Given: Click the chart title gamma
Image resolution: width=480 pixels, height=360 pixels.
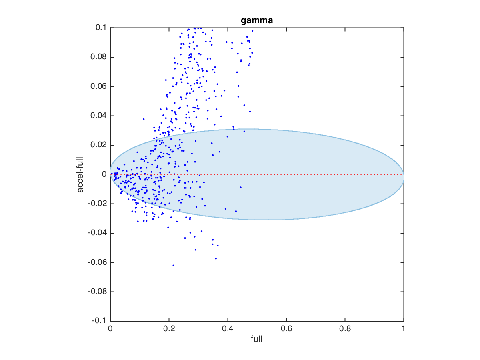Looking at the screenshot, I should (257, 20).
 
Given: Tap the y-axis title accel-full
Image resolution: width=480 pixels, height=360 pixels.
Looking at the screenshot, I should (81, 174).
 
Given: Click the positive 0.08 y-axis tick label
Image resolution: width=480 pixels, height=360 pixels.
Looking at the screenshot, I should (98, 57).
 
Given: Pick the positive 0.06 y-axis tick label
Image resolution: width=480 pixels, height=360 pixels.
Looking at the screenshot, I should (98, 86).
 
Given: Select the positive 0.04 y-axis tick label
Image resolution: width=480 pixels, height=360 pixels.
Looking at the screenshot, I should (98, 116).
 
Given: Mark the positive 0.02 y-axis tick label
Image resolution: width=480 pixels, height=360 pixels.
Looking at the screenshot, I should (98, 145).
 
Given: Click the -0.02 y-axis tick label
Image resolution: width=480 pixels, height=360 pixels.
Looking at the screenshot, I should (97, 204).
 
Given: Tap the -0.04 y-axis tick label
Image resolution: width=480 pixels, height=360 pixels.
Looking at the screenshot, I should (97, 233).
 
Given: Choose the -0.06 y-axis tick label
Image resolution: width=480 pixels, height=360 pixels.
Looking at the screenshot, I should (97, 262).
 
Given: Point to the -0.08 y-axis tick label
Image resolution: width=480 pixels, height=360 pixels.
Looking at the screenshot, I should (97, 292).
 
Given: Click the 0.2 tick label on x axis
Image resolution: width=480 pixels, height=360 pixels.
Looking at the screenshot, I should (169, 329).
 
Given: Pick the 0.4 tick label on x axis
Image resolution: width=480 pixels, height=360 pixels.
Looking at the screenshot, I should (228, 329).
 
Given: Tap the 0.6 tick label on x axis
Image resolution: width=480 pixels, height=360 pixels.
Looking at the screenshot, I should (286, 329).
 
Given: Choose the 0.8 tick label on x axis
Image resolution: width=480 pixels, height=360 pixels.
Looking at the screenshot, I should (345, 329).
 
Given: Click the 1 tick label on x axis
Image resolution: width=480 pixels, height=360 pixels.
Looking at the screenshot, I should (403, 329).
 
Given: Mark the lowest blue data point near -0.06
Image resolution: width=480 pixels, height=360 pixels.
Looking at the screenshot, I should (173, 265).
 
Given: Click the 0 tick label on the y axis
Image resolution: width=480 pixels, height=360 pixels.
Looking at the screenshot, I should (104, 174).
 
